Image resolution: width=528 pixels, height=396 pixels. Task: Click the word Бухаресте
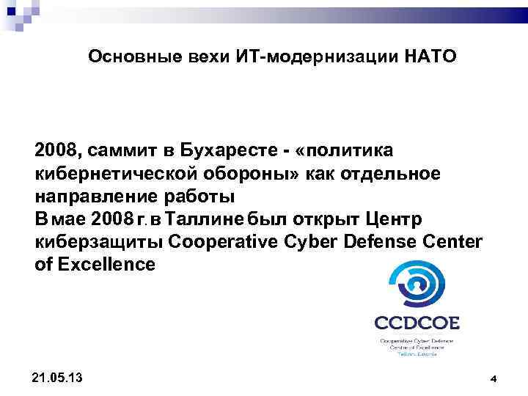[230, 150]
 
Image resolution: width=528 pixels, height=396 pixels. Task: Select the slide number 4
[494, 378]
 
